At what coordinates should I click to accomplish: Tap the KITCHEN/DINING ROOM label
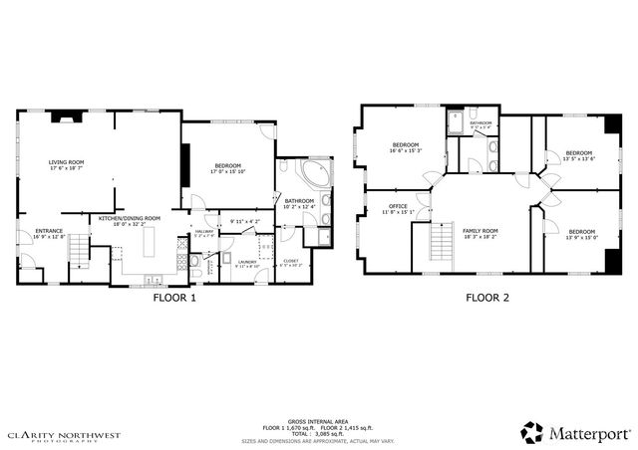[x=129, y=219]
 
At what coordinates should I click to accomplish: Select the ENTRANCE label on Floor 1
[x=35, y=231]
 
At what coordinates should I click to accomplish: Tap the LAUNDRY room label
[x=246, y=263]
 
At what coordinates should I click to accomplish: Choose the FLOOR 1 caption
[x=173, y=297]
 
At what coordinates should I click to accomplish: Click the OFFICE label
[x=398, y=207]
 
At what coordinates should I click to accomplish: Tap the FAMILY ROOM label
[x=479, y=231]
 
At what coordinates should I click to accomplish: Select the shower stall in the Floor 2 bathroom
[x=456, y=122]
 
